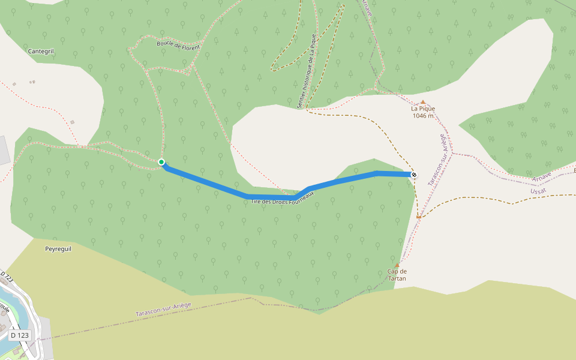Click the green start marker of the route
(x=161, y=162)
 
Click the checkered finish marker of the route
(x=413, y=175)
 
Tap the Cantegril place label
(x=41, y=52)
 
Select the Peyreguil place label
(x=58, y=248)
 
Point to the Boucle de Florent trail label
(x=178, y=44)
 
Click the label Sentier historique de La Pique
(x=306, y=71)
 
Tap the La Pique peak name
(x=423, y=109)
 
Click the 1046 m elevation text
(x=423, y=116)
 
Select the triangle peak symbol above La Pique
(x=423, y=102)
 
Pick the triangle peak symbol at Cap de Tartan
(x=397, y=265)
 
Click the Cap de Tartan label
(x=397, y=275)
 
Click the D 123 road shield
(x=20, y=335)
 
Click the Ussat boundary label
(x=539, y=191)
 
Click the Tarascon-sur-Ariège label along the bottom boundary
(x=163, y=310)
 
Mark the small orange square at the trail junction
(x=419, y=217)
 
